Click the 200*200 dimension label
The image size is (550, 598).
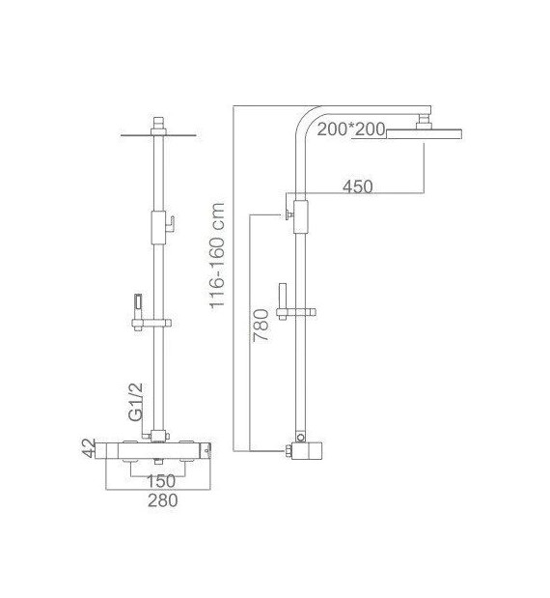tap(351, 129)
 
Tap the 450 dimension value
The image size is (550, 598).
tap(358, 186)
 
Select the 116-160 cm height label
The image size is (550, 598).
tap(217, 255)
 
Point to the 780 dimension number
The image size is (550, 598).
tap(261, 326)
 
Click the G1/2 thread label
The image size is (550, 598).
tap(136, 402)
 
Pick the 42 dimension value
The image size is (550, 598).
tap(89, 447)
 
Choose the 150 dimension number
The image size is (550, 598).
tap(160, 481)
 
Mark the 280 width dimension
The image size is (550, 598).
tap(163, 500)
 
